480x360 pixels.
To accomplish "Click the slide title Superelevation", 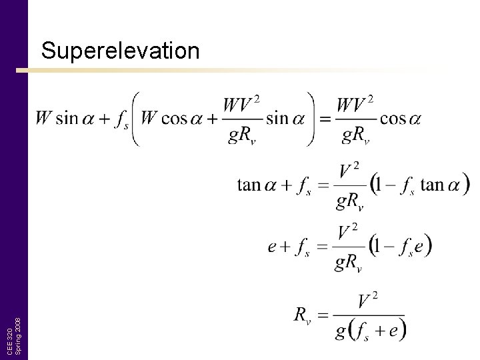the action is tap(120, 51).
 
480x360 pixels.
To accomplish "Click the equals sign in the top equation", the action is tap(325, 119).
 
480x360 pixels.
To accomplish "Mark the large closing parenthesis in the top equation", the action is tap(310, 119).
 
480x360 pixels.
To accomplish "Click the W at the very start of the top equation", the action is tap(43, 119).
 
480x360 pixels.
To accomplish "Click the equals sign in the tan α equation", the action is tap(323, 185).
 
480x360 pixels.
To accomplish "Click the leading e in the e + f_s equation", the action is tap(272, 247).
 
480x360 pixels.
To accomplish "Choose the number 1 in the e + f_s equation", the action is tap(378, 247).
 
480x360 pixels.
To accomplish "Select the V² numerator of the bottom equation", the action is tap(366, 299).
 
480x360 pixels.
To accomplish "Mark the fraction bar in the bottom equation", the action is tap(367, 315).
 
